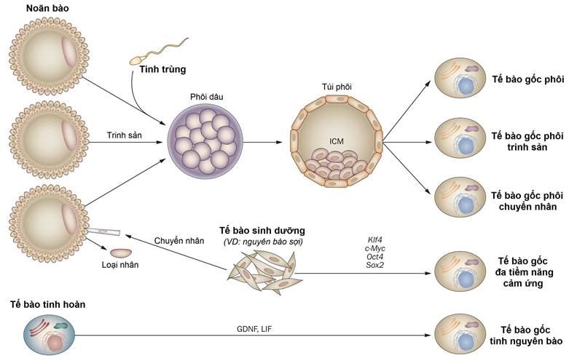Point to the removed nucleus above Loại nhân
coord(120,253)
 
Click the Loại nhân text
coord(119,266)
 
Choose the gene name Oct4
coord(376,256)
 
